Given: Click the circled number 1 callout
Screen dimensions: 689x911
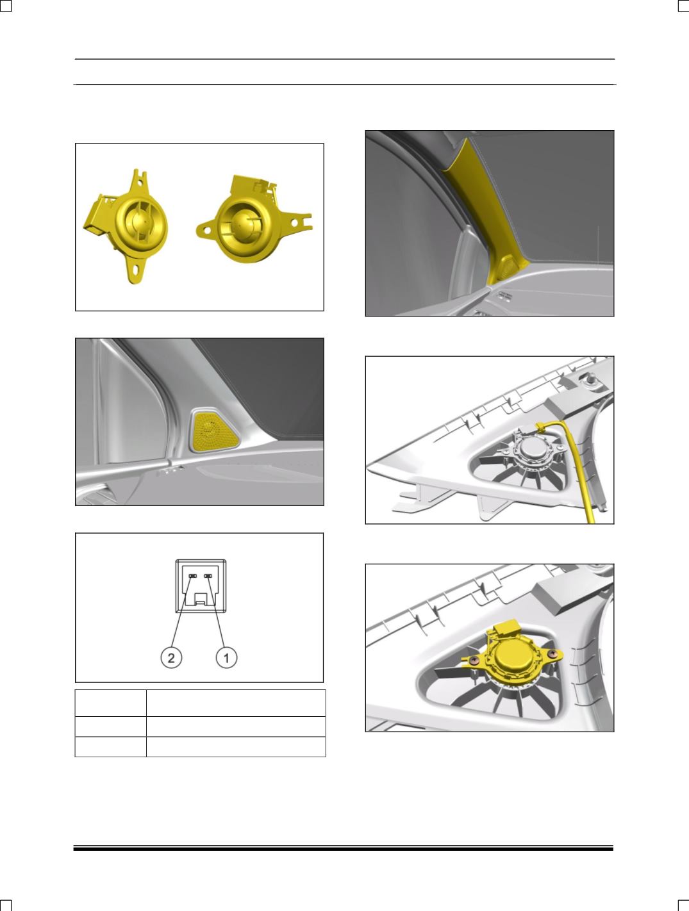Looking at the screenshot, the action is pos(226,657).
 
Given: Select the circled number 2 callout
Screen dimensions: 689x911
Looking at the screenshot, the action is pos(171,657).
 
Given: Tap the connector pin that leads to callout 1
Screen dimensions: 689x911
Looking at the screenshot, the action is pos(208,576).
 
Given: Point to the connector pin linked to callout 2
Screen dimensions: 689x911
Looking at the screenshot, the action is pos(192,576).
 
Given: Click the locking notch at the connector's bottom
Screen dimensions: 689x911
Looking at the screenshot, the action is pos(201,599).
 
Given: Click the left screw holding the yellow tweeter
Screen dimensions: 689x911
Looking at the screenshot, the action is pos(475,660).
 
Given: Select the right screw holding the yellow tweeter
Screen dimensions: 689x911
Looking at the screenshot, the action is pos(552,653).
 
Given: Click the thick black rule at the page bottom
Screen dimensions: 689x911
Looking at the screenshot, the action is pos(344,849).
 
